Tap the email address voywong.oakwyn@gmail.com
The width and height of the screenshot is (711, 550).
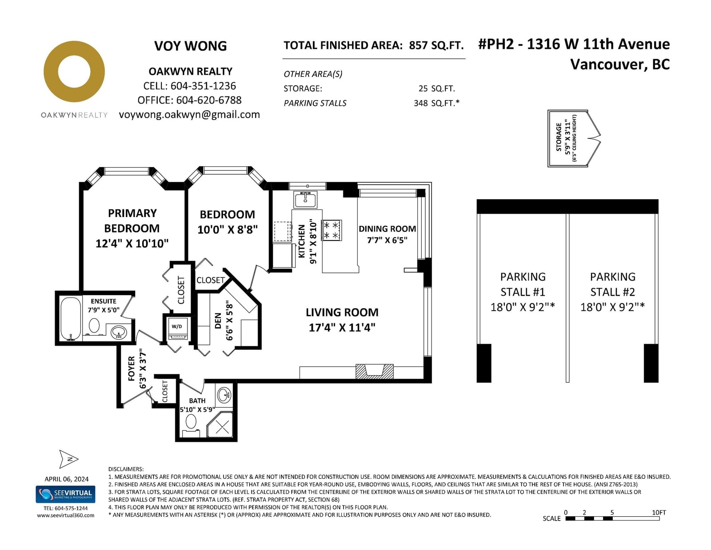(189, 115)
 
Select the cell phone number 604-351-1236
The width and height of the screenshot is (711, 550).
(203, 86)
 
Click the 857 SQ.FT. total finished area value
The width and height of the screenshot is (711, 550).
(436, 45)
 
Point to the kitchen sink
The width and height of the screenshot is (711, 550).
(305, 200)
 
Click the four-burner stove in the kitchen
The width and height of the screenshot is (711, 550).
(332, 230)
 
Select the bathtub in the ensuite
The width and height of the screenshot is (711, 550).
(71, 318)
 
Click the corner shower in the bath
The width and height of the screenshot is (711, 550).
(220, 425)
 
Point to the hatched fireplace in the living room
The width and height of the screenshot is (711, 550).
(374, 371)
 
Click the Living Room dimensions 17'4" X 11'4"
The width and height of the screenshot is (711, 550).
(342, 327)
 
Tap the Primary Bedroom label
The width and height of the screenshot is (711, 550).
(132, 221)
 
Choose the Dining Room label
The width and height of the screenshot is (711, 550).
(387, 229)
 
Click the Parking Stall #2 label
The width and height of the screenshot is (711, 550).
(612, 284)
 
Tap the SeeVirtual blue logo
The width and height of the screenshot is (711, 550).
(65, 494)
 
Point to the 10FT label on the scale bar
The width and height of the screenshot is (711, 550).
(659, 512)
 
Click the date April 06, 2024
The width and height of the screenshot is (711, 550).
(66, 479)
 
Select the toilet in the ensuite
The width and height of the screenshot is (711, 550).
(94, 326)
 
